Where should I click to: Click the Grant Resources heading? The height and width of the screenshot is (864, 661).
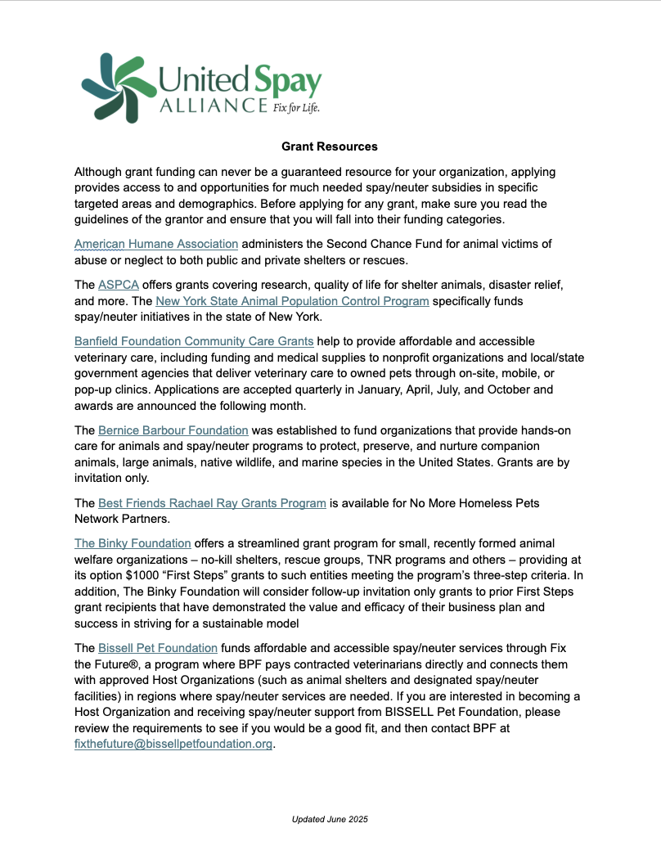click(330, 146)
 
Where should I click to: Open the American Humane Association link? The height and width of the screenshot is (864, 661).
click(156, 244)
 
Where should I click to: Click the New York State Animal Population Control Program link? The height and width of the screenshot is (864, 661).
click(292, 301)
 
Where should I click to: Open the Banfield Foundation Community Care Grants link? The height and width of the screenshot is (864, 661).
click(194, 341)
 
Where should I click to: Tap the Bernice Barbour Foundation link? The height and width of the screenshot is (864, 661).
click(173, 430)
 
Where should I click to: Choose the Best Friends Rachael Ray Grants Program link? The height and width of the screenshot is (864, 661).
click(212, 503)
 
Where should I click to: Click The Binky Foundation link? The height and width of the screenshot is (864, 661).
click(133, 543)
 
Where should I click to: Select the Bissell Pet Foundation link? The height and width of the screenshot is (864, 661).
click(158, 649)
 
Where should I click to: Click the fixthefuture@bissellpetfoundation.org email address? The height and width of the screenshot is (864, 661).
click(173, 744)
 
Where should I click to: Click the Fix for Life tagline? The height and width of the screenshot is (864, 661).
click(295, 107)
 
